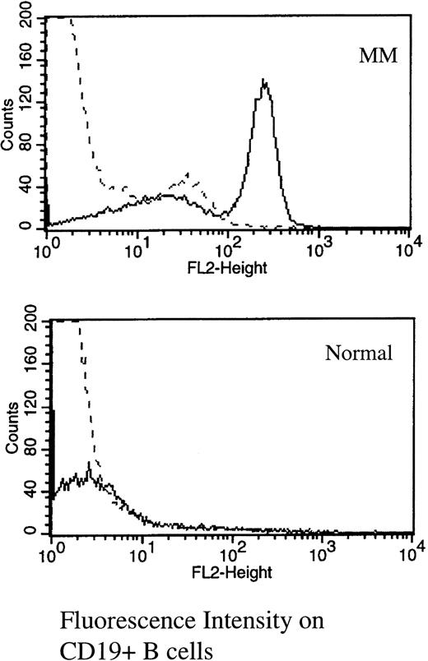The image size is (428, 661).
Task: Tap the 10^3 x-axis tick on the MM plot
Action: pos(321,244)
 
